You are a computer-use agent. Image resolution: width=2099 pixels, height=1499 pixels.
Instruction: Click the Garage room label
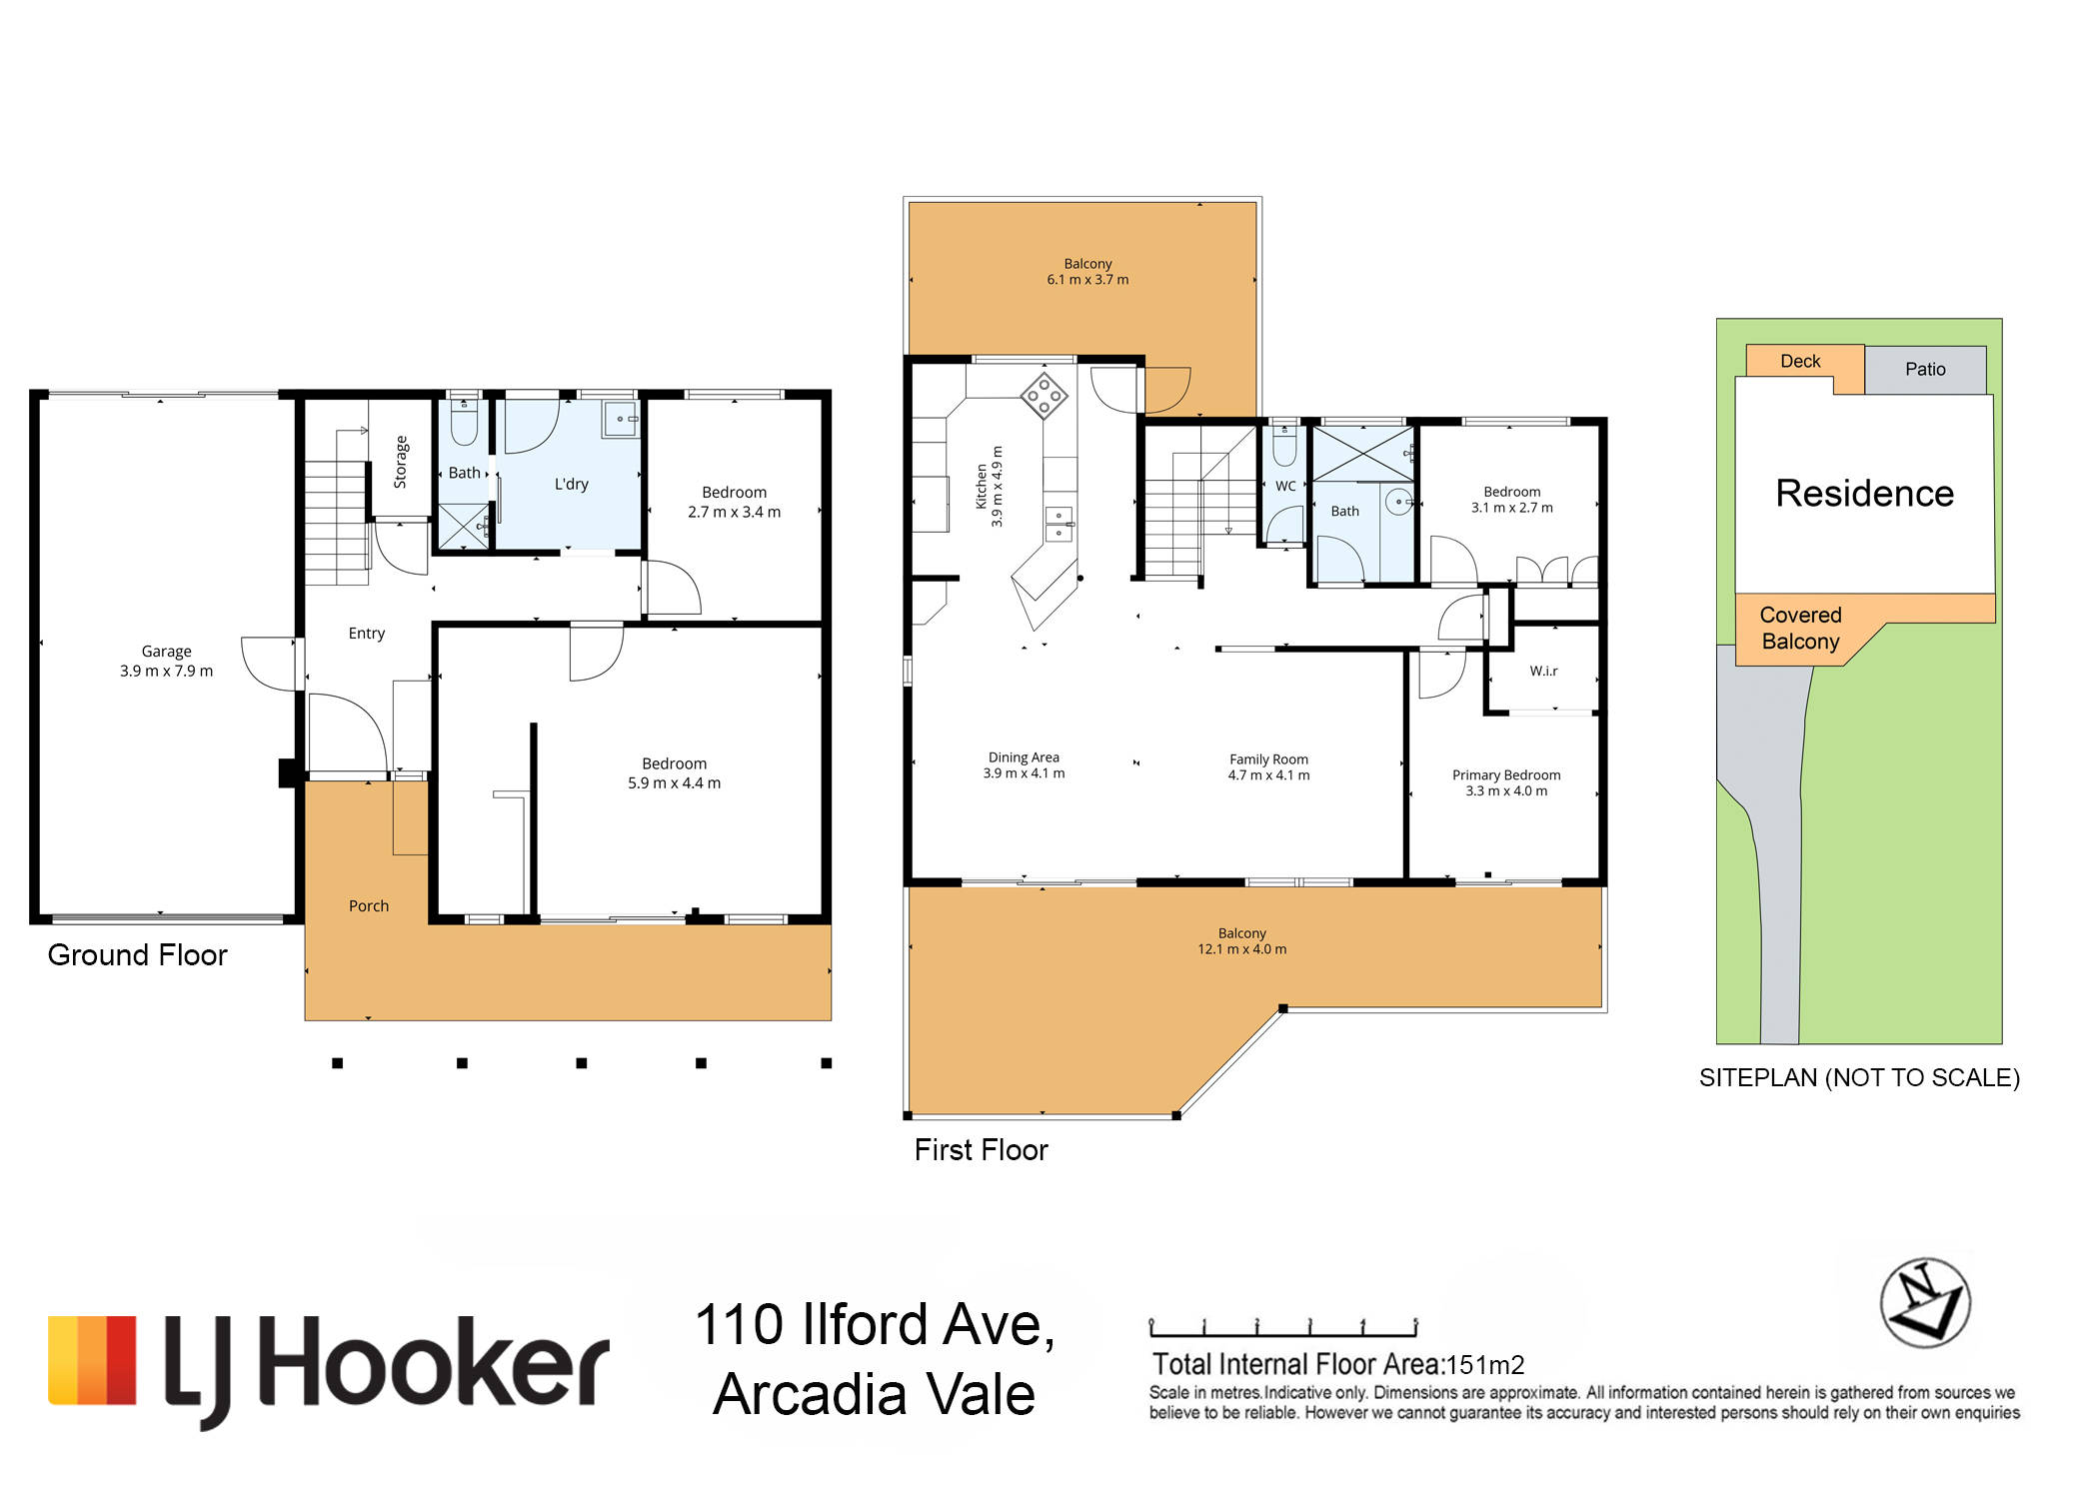point(166,652)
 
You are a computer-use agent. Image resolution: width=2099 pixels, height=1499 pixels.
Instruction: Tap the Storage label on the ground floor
point(401,462)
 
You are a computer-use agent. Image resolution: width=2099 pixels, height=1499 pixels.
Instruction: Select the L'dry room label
point(572,484)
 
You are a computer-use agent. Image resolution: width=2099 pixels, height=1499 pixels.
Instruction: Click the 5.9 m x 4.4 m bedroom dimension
point(674,783)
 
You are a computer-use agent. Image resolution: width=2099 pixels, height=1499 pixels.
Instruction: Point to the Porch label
point(369,906)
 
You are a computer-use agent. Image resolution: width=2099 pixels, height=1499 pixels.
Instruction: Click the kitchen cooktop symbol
point(1044,396)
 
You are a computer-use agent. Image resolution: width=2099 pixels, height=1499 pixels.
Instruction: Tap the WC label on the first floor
point(1285,487)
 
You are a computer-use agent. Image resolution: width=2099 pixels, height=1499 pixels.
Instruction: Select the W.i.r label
point(1543,671)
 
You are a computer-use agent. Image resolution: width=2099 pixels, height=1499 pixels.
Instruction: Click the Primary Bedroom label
point(1506,775)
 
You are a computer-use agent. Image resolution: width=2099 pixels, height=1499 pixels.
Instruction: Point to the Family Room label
point(1268,759)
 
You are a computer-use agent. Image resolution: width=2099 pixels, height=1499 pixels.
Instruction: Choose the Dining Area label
point(1024,757)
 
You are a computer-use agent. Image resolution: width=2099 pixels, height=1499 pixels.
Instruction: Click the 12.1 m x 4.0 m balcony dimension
point(1242,949)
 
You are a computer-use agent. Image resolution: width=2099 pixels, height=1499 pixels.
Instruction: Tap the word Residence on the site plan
point(1864,494)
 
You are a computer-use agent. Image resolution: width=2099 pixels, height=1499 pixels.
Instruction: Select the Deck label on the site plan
point(1800,362)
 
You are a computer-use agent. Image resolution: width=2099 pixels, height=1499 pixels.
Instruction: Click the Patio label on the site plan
point(1925,370)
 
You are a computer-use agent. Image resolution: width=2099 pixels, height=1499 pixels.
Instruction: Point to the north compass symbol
point(1925,1303)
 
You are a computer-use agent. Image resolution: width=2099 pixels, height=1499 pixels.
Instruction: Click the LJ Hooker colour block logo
point(92,1360)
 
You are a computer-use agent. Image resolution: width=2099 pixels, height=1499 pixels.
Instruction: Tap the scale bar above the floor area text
point(1283,1328)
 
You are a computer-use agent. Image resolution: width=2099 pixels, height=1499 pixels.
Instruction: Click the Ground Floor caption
point(138,955)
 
